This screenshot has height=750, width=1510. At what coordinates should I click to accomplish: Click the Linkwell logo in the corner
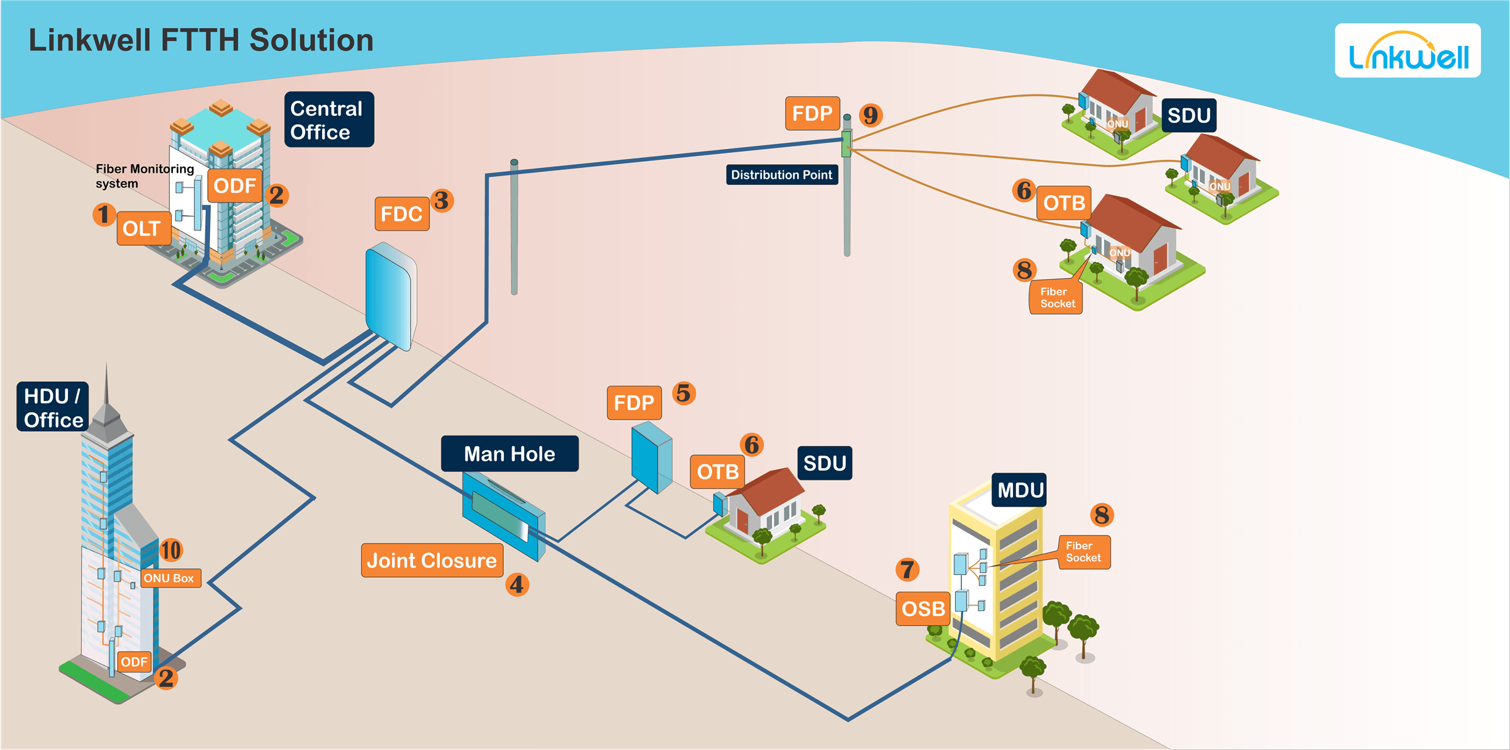click(1407, 51)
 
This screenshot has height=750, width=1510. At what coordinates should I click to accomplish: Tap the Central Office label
click(329, 120)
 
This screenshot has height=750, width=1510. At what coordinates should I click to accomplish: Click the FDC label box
click(402, 214)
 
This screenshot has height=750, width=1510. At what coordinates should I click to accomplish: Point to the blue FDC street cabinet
click(391, 296)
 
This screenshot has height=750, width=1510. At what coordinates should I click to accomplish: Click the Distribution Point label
click(782, 175)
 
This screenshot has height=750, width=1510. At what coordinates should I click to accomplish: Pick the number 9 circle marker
click(871, 115)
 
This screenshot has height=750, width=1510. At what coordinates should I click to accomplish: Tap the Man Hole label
click(510, 454)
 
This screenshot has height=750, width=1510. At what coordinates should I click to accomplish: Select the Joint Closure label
click(432, 560)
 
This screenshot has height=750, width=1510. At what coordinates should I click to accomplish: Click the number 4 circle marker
click(517, 585)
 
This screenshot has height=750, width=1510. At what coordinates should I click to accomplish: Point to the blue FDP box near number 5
click(652, 457)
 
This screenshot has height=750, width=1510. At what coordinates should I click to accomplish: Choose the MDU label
click(1020, 490)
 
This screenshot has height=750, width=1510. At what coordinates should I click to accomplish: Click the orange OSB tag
click(924, 608)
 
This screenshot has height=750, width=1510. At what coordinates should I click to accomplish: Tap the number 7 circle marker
click(907, 569)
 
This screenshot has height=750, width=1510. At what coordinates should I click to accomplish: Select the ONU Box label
click(170, 578)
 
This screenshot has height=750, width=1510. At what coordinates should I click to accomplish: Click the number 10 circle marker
click(171, 550)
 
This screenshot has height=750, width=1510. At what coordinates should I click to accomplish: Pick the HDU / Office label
click(53, 407)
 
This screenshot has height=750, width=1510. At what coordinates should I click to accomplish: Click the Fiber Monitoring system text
click(145, 176)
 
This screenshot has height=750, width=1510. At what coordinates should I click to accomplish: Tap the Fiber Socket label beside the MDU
click(1084, 552)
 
